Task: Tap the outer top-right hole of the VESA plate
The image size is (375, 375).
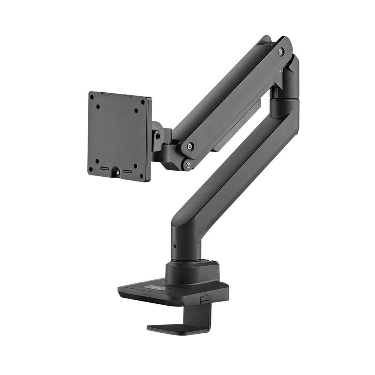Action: click(x=142, y=102)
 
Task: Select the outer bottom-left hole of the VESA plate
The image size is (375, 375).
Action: click(x=91, y=169)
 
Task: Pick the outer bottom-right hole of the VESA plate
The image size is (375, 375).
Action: click(x=141, y=175)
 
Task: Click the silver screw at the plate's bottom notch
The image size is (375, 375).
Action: click(x=118, y=172)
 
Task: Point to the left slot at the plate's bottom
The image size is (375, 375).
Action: click(x=105, y=169)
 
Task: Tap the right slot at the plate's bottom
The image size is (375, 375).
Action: click(x=128, y=172)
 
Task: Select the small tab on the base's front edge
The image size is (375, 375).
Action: click(x=203, y=300)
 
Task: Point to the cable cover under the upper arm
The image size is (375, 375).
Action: click(x=240, y=124)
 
